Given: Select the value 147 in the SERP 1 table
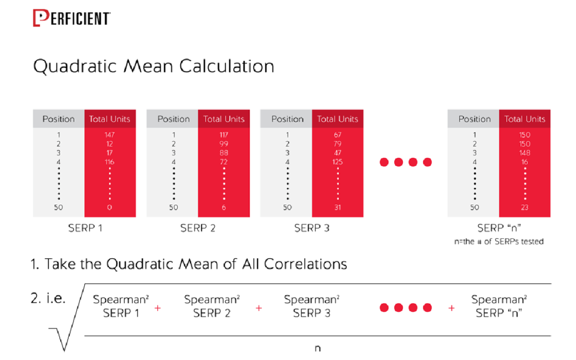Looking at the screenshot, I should [x=110, y=135].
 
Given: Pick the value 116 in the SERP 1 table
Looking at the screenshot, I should [x=110, y=162].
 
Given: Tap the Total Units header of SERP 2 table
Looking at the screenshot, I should [x=223, y=119].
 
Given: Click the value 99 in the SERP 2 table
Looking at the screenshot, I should [x=223, y=144].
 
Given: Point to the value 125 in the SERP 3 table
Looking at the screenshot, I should [x=337, y=162].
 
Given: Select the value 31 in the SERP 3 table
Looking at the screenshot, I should [x=337, y=207].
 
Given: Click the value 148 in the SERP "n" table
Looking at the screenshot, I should [x=525, y=153].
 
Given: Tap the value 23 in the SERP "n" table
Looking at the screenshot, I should [x=525, y=207].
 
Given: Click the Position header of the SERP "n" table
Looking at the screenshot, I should [x=474, y=119].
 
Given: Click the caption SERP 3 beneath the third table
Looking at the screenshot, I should [x=311, y=228].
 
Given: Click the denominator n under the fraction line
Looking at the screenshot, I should [x=317, y=349].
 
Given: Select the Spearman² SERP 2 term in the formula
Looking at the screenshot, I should [x=212, y=307].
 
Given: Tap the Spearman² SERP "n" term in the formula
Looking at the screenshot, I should [x=499, y=307].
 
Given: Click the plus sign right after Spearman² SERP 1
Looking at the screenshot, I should [x=157, y=308].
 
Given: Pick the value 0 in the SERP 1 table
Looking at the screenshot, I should [x=110, y=207].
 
